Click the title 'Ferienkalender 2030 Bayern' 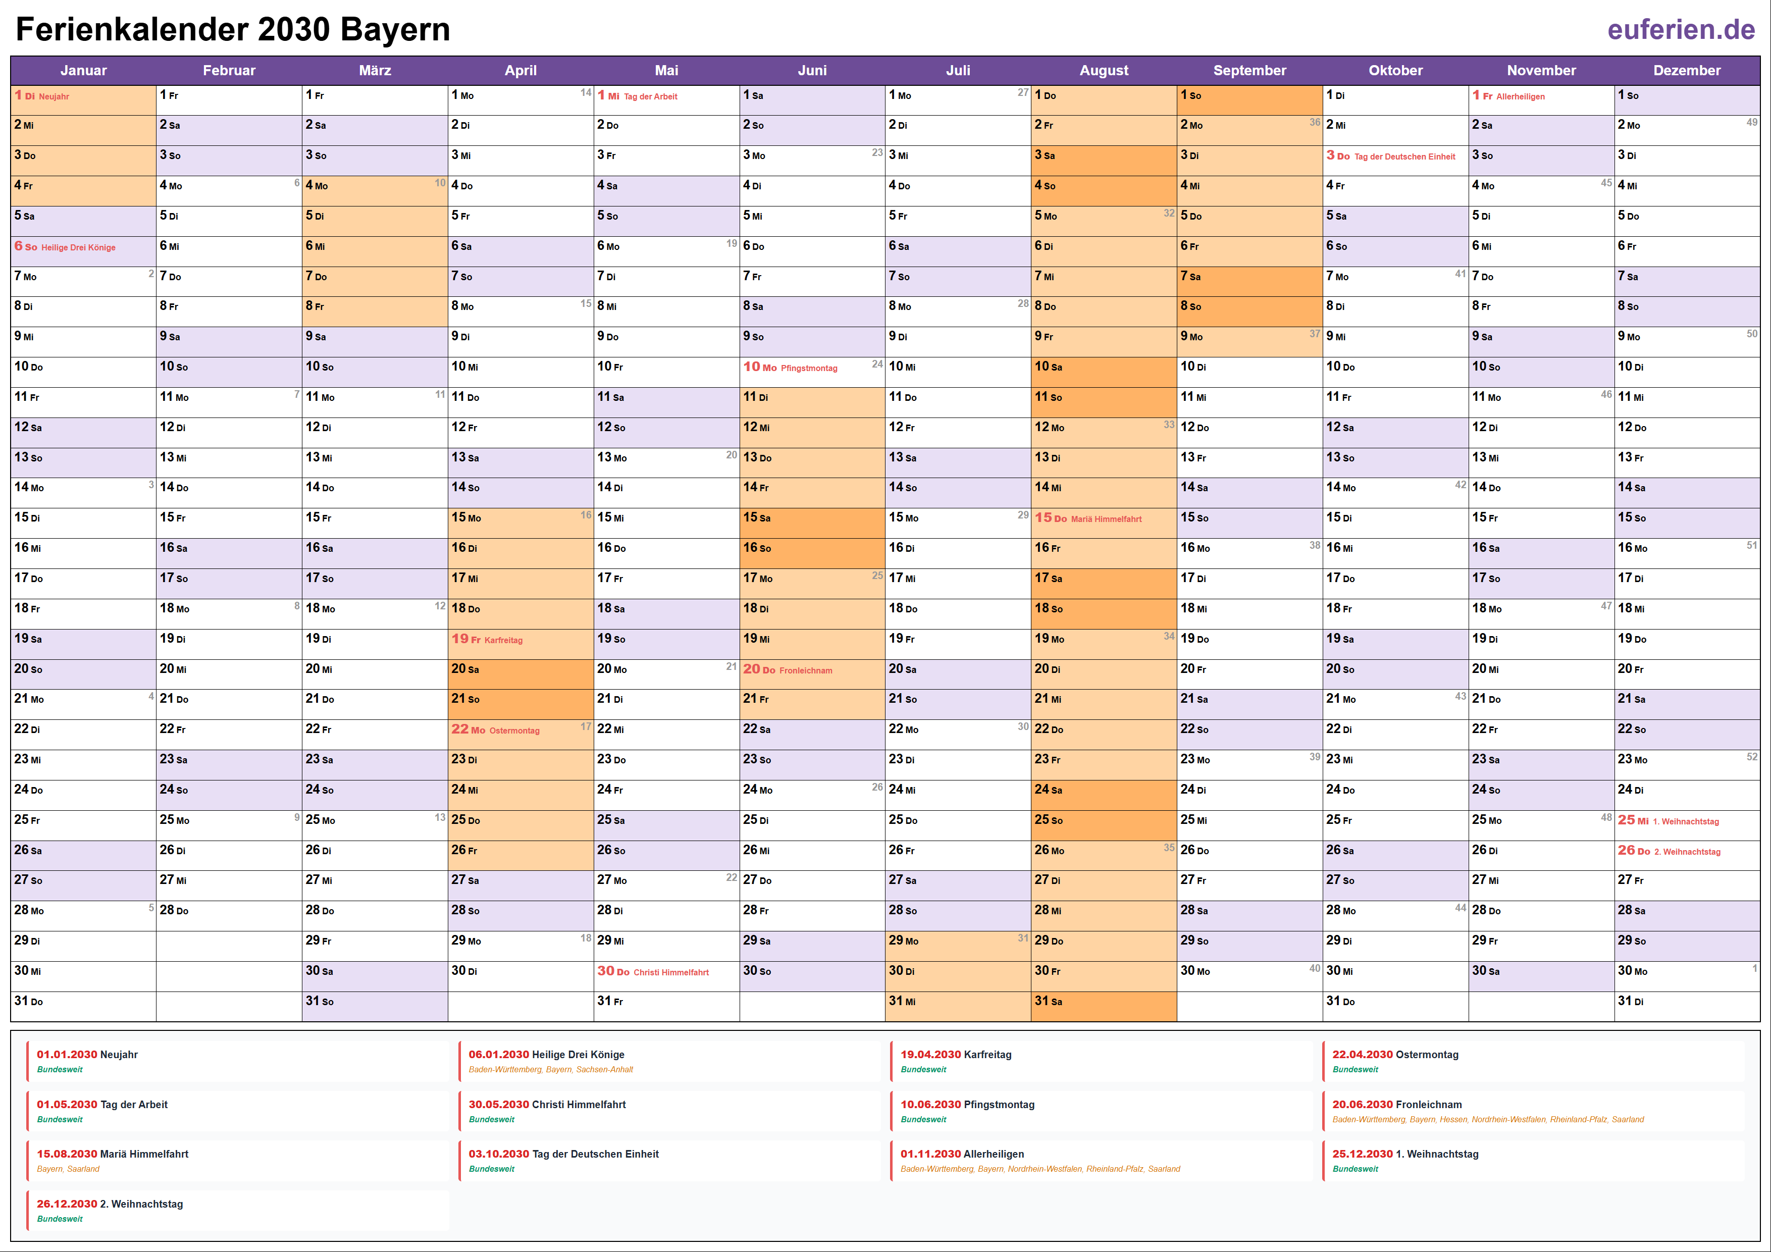click(233, 29)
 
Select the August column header click(1103, 70)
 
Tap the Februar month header click(229, 70)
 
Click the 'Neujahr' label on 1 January click(54, 96)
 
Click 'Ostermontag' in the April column click(514, 731)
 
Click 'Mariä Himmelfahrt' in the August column click(1106, 519)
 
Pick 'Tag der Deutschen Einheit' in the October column click(1404, 156)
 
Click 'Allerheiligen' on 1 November click(1520, 96)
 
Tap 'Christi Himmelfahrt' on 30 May click(671, 973)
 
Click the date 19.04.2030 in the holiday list click(930, 1055)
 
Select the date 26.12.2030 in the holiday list click(67, 1204)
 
